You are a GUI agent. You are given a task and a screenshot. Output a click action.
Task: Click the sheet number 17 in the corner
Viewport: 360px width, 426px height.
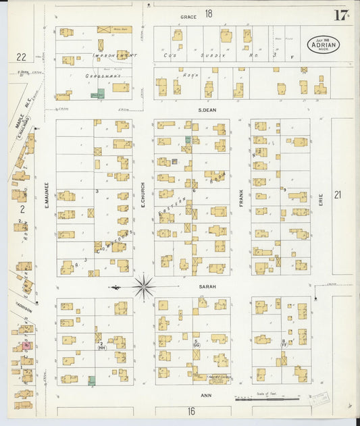click(340, 16)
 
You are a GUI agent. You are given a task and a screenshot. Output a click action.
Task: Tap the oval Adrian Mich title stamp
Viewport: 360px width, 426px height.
click(323, 44)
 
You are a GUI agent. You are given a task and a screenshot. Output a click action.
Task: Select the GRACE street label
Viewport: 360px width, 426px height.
click(187, 16)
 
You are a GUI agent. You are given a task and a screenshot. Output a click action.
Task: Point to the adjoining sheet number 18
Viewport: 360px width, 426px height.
click(209, 14)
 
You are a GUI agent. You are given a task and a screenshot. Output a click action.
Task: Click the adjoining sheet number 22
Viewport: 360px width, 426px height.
click(21, 57)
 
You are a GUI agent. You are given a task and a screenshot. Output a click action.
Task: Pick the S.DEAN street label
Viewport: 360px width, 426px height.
click(207, 110)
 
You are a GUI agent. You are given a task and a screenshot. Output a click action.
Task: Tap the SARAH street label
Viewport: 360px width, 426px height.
click(207, 286)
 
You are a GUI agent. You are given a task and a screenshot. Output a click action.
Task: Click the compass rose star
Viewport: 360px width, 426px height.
click(143, 287)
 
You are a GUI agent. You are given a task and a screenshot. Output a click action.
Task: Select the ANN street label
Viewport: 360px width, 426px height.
click(207, 396)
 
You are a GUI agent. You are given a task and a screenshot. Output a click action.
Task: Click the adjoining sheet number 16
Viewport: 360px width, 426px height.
click(191, 410)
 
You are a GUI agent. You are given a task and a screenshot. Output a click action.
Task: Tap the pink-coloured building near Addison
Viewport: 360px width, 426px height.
click(26, 346)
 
